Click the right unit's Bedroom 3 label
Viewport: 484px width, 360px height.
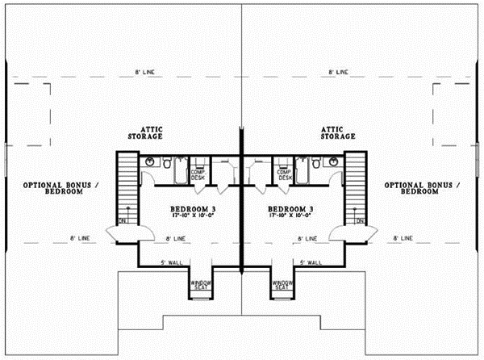[292, 209]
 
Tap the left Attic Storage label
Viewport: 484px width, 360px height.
[151, 132]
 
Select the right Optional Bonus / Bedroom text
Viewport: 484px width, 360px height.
[424, 187]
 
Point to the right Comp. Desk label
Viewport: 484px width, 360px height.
[283, 174]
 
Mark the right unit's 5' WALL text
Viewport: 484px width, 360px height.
[311, 263]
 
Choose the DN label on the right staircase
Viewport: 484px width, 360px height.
[359, 221]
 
